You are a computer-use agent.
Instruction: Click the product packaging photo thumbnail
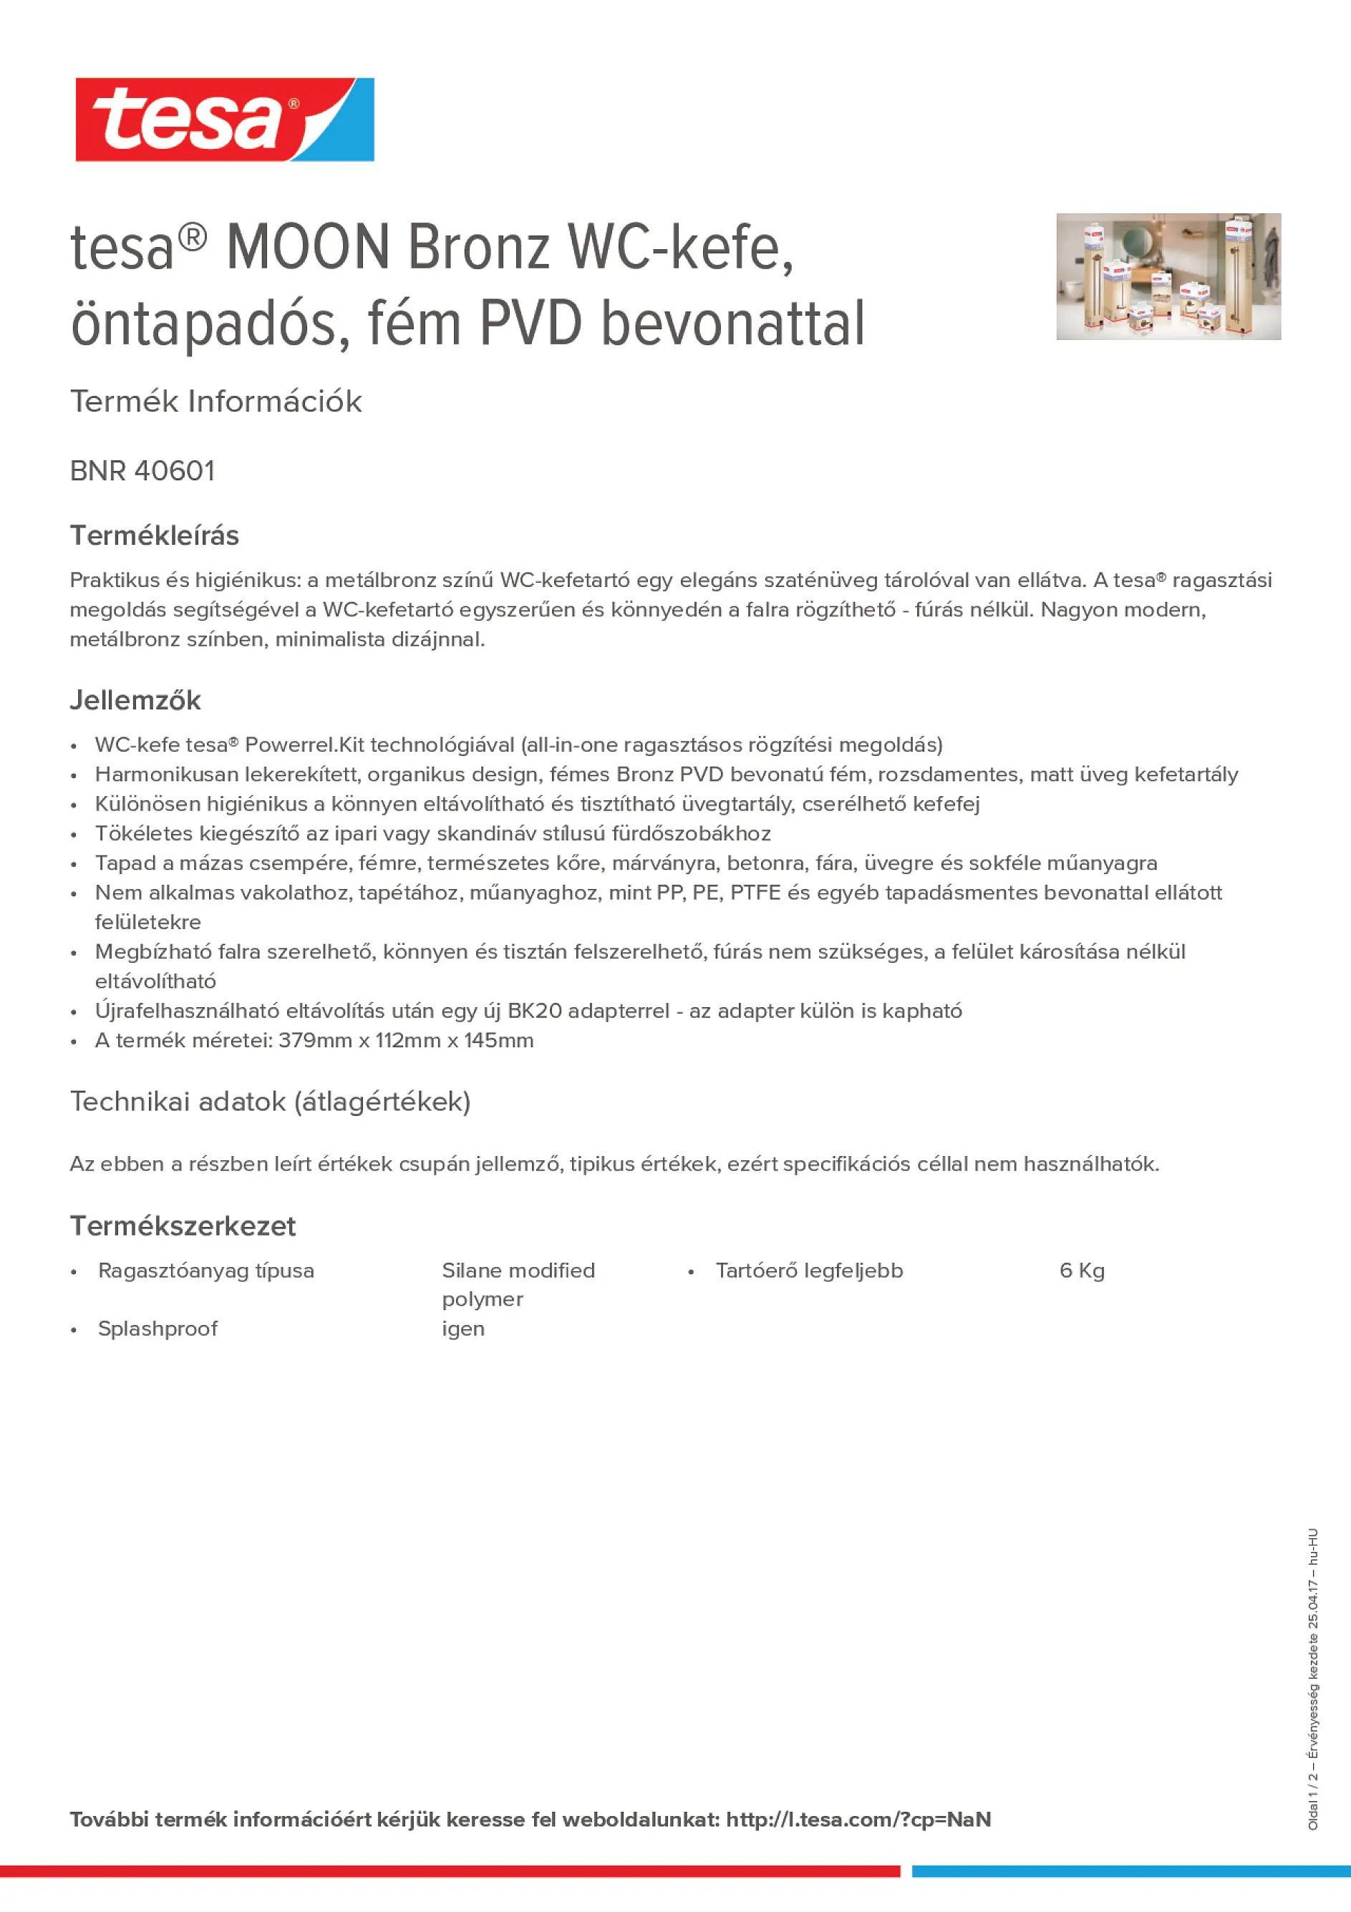(1168, 276)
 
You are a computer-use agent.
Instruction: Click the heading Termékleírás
(154, 535)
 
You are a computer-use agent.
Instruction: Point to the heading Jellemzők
(135, 700)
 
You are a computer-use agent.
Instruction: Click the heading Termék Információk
(216, 402)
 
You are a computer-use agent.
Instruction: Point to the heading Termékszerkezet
(183, 1226)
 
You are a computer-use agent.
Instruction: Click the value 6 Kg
(1081, 1271)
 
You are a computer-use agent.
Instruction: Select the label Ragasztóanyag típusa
(205, 1271)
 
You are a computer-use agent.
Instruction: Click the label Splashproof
(158, 1329)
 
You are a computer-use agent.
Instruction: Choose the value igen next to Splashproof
(463, 1329)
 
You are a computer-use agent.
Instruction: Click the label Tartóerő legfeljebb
(809, 1271)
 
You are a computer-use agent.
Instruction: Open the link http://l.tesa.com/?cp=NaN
(858, 1820)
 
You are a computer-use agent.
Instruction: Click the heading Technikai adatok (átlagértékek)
(270, 1102)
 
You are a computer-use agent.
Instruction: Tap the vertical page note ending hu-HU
(1312, 1678)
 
